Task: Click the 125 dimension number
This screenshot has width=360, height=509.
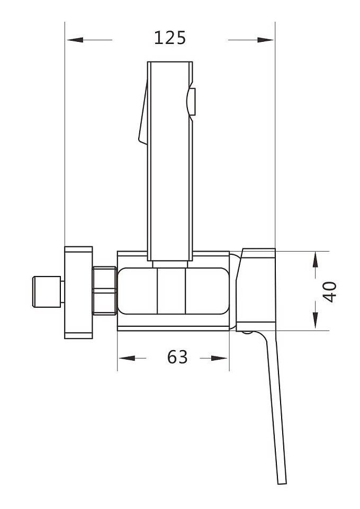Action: pyautogui.click(x=170, y=38)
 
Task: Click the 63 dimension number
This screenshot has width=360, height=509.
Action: pyautogui.click(x=177, y=357)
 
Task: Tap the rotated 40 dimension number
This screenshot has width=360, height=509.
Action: pyautogui.click(x=330, y=291)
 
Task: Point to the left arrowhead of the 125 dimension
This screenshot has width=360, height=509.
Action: pyautogui.click(x=75, y=40)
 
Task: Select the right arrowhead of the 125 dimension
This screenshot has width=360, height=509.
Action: pyautogui.click(x=265, y=40)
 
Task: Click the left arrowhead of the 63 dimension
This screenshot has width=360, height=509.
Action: pyautogui.click(x=127, y=358)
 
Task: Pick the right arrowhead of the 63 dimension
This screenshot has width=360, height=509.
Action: pyautogui.click(x=219, y=358)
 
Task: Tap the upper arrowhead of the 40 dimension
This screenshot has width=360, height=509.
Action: pyautogui.click(x=315, y=261)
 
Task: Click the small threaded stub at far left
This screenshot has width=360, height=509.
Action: pyautogui.click(x=47, y=291)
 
